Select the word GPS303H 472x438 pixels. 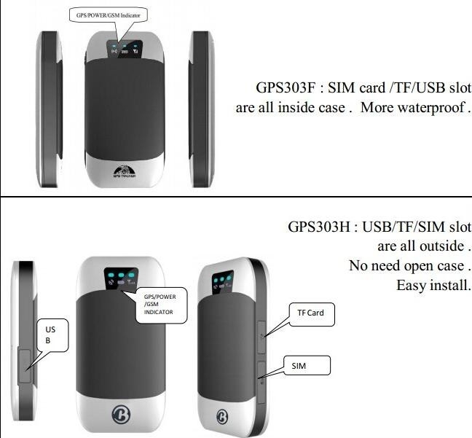click(x=318, y=227)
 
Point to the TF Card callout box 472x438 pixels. click(x=310, y=313)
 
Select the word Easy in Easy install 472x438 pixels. click(x=410, y=284)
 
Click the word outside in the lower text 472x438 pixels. click(x=436, y=246)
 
